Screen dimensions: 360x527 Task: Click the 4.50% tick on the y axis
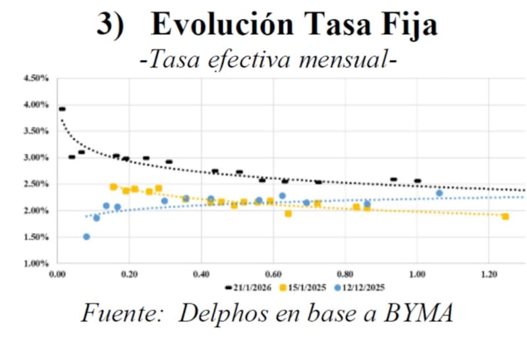click(x=36, y=78)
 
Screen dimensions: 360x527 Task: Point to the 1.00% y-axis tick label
click(x=36, y=264)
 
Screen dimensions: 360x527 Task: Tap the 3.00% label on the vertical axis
click(x=36, y=158)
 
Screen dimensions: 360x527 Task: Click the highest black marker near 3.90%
click(x=62, y=109)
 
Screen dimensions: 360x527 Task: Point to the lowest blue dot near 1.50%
click(x=86, y=237)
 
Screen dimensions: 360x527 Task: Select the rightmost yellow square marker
click(x=505, y=217)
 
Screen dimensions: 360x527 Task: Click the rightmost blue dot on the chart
click(x=439, y=193)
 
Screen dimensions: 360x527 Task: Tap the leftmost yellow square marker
click(x=113, y=187)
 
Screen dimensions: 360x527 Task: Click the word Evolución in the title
click(x=221, y=25)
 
